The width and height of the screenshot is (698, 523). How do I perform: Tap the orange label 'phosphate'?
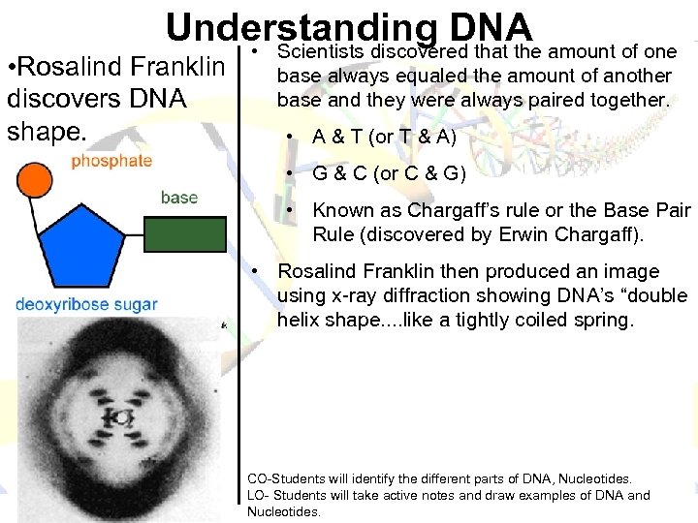pyautogui.click(x=111, y=161)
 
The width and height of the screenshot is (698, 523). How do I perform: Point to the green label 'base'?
pyautogui.click(x=178, y=198)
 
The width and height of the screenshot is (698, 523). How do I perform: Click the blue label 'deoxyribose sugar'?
pyautogui.click(x=86, y=304)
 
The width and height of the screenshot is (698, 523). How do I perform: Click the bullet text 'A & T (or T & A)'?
pyautogui.click(x=384, y=137)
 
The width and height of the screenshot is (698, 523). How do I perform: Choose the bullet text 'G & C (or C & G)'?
pyautogui.click(x=389, y=174)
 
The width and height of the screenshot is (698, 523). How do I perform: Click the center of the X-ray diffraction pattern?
pyautogui.click(x=121, y=417)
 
